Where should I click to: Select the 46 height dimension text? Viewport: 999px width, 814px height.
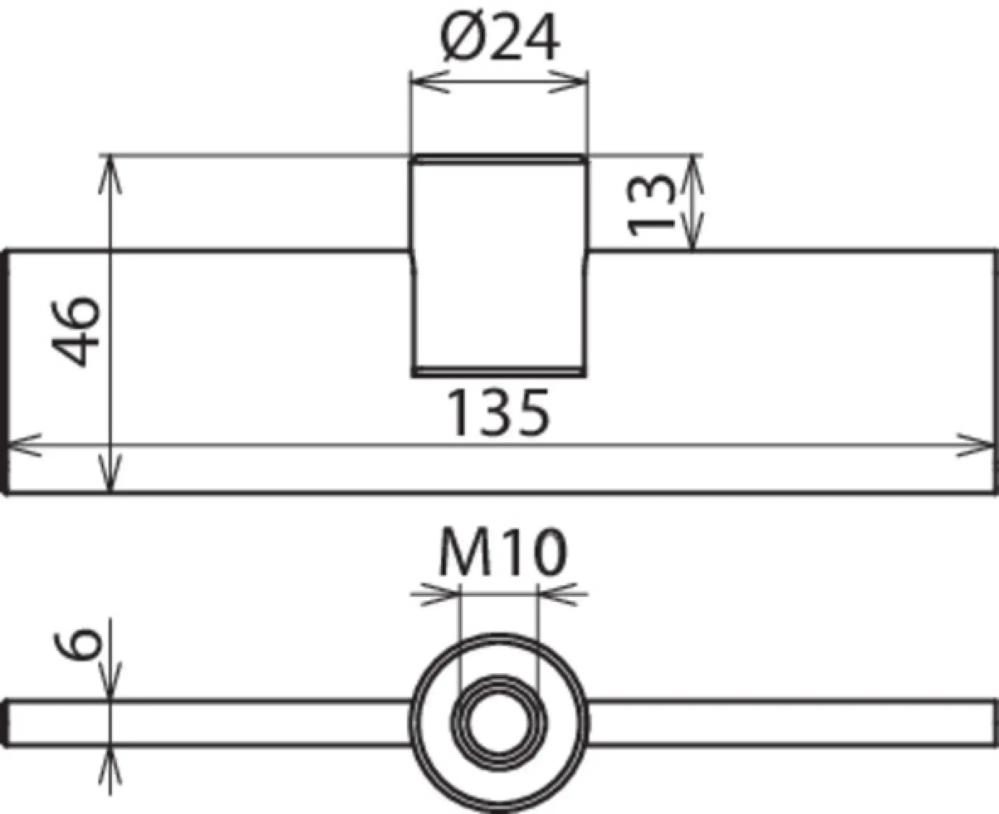pyautogui.click(x=76, y=331)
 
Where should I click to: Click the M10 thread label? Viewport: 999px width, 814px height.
pyautogui.click(x=502, y=553)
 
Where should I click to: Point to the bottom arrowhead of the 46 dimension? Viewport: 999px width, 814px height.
pyautogui.click(x=110, y=477)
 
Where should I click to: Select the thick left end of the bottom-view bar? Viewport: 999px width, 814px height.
pyautogui.click(x=6, y=724)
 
